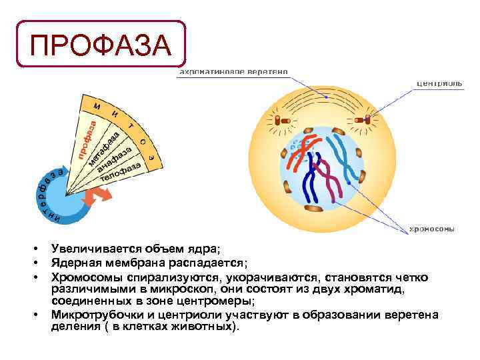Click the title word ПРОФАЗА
click(x=100, y=45)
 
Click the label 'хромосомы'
click(x=431, y=229)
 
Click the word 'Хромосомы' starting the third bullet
click(x=79, y=276)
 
